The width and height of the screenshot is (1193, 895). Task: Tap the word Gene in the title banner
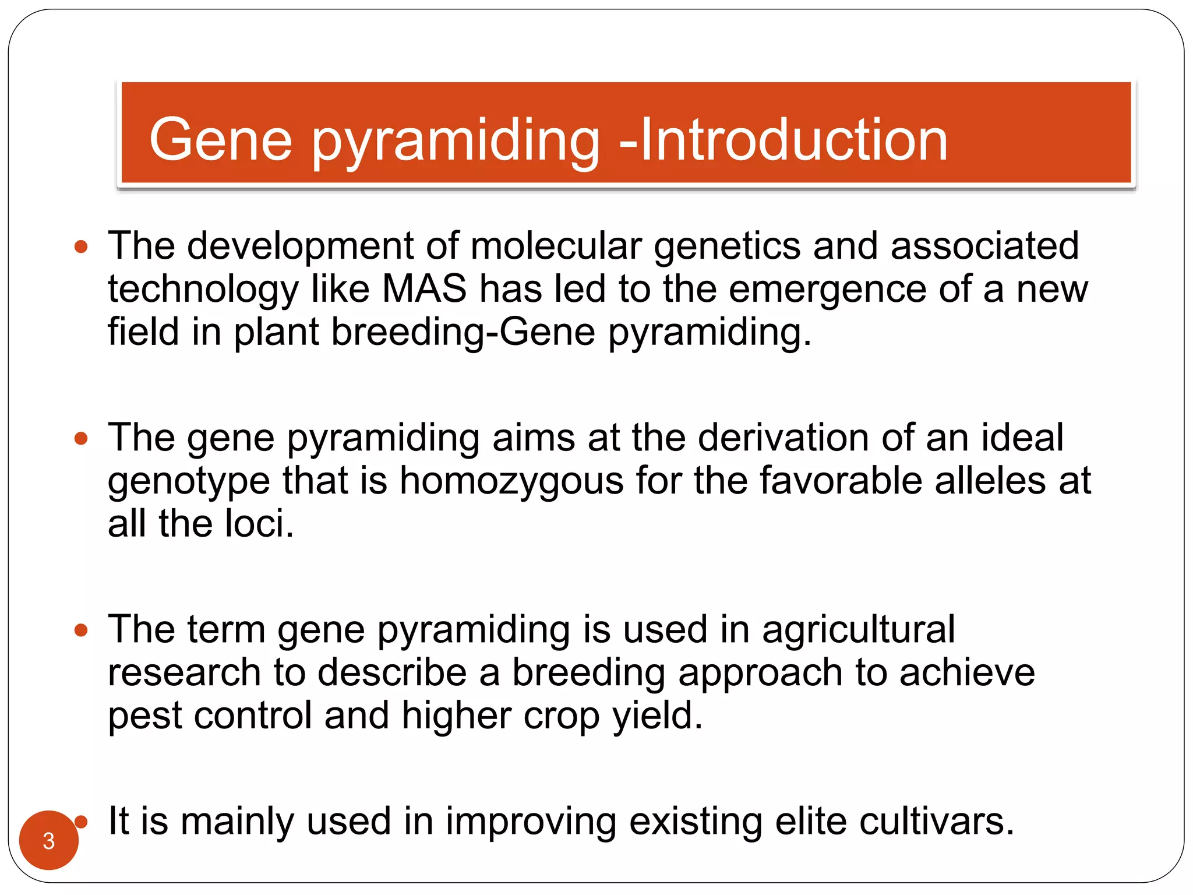220,140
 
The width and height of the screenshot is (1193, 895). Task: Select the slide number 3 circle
48,840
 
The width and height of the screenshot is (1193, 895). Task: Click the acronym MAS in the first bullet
424,288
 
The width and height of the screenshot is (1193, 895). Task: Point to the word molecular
556,245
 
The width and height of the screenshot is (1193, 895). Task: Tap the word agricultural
859,629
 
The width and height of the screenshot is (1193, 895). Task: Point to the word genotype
189,482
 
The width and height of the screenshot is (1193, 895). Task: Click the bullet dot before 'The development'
82,246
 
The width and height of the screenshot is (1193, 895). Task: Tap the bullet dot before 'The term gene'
82,630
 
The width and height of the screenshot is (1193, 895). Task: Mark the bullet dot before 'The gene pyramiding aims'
82,438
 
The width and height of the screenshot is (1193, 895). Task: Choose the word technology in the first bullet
203,290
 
